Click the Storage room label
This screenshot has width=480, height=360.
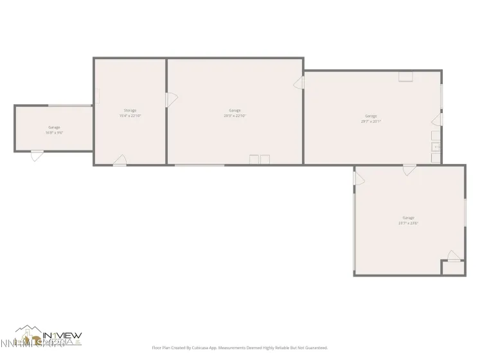(130, 111)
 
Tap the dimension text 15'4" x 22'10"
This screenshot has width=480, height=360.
(130, 116)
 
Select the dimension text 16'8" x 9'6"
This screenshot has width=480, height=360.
(54, 132)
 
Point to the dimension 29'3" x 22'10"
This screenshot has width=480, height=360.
(235, 116)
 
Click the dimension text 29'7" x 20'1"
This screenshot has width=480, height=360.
(371, 121)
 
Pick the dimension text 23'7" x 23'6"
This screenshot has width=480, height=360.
(409, 223)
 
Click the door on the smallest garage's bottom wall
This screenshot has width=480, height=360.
(37, 154)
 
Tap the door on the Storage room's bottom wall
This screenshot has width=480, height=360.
(120, 161)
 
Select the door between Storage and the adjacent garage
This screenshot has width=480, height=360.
(171, 100)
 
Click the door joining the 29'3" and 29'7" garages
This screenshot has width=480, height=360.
(299, 83)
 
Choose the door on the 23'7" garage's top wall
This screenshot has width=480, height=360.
(409, 170)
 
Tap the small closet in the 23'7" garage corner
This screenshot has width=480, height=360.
(454, 268)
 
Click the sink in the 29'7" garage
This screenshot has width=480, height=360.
(436, 147)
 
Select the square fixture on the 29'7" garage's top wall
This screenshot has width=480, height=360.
(406, 76)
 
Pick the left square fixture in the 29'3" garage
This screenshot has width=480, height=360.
(254, 159)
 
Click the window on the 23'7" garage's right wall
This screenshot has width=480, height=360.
(465, 212)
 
